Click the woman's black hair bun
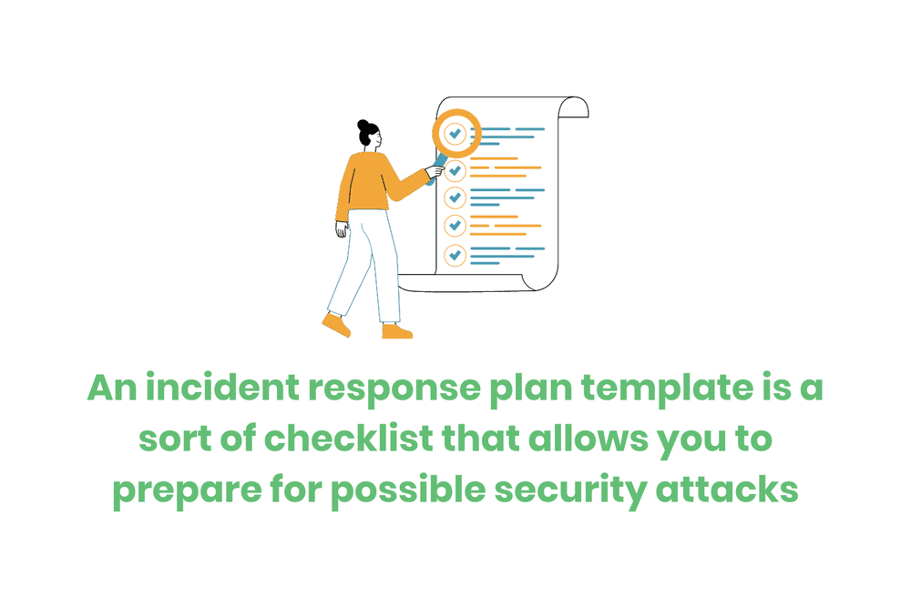(365, 125)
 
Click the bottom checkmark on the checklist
(455, 255)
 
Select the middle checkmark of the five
(455, 197)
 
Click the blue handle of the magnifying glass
(438, 167)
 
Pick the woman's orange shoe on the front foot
(396, 331)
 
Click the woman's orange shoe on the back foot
(335, 323)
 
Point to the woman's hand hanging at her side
(341, 230)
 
